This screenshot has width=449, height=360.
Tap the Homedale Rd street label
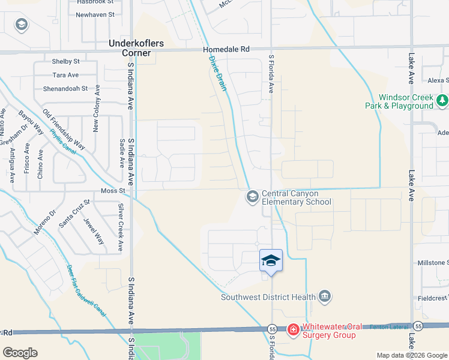coord(226,49)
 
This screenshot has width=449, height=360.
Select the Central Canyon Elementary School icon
coord(252,196)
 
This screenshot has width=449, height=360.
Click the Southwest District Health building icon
coord(325,296)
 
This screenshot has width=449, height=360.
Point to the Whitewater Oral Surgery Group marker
coord(293,329)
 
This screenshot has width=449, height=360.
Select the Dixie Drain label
coord(217,74)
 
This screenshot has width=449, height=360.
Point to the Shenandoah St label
coord(65,89)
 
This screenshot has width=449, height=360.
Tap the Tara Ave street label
coord(66,75)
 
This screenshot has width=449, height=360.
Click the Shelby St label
coord(66,61)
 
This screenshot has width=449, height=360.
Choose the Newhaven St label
coord(95,14)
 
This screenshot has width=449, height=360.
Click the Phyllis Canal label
coord(63,143)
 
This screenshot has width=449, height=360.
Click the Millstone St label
coord(433,263)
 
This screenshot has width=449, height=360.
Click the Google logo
coord(20,353)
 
